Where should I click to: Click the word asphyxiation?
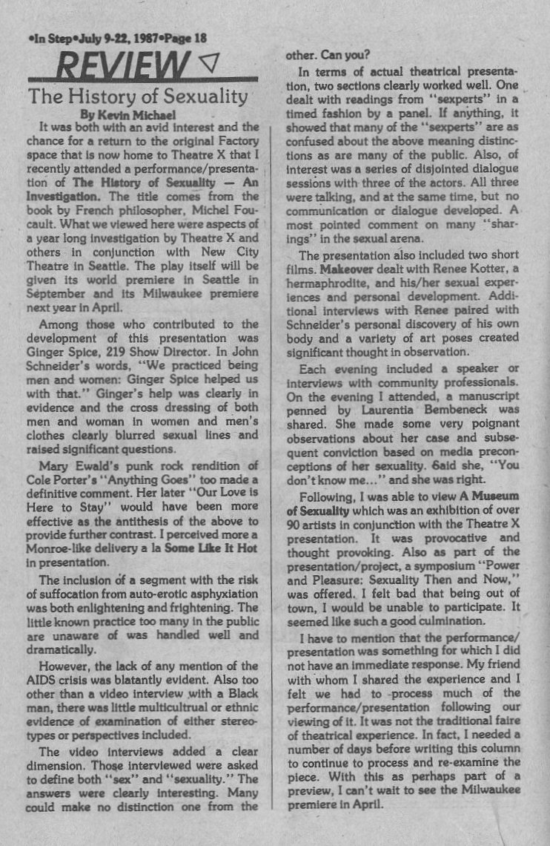click(216, 594)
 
